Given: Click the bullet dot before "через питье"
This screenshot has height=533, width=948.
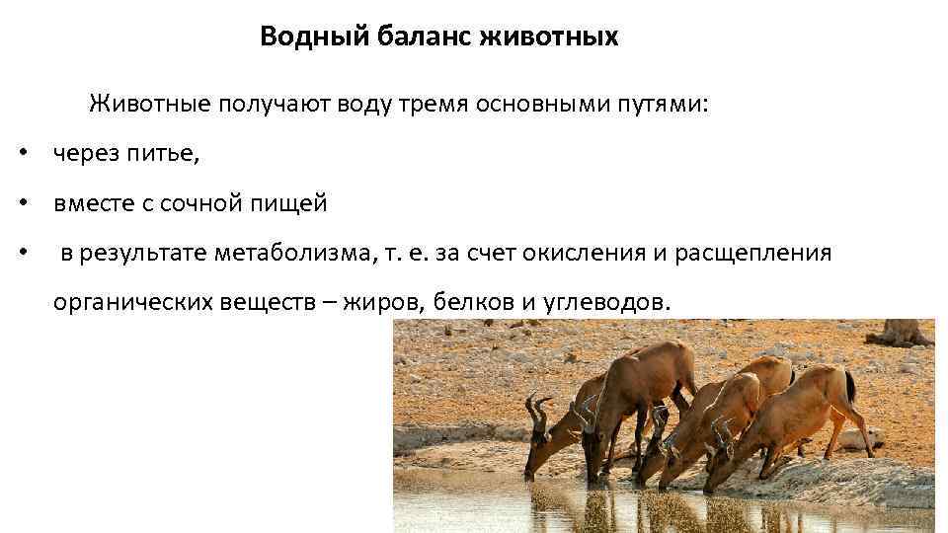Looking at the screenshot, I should tap(22, 155).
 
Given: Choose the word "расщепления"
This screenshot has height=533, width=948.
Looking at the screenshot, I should tap(753, 254).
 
